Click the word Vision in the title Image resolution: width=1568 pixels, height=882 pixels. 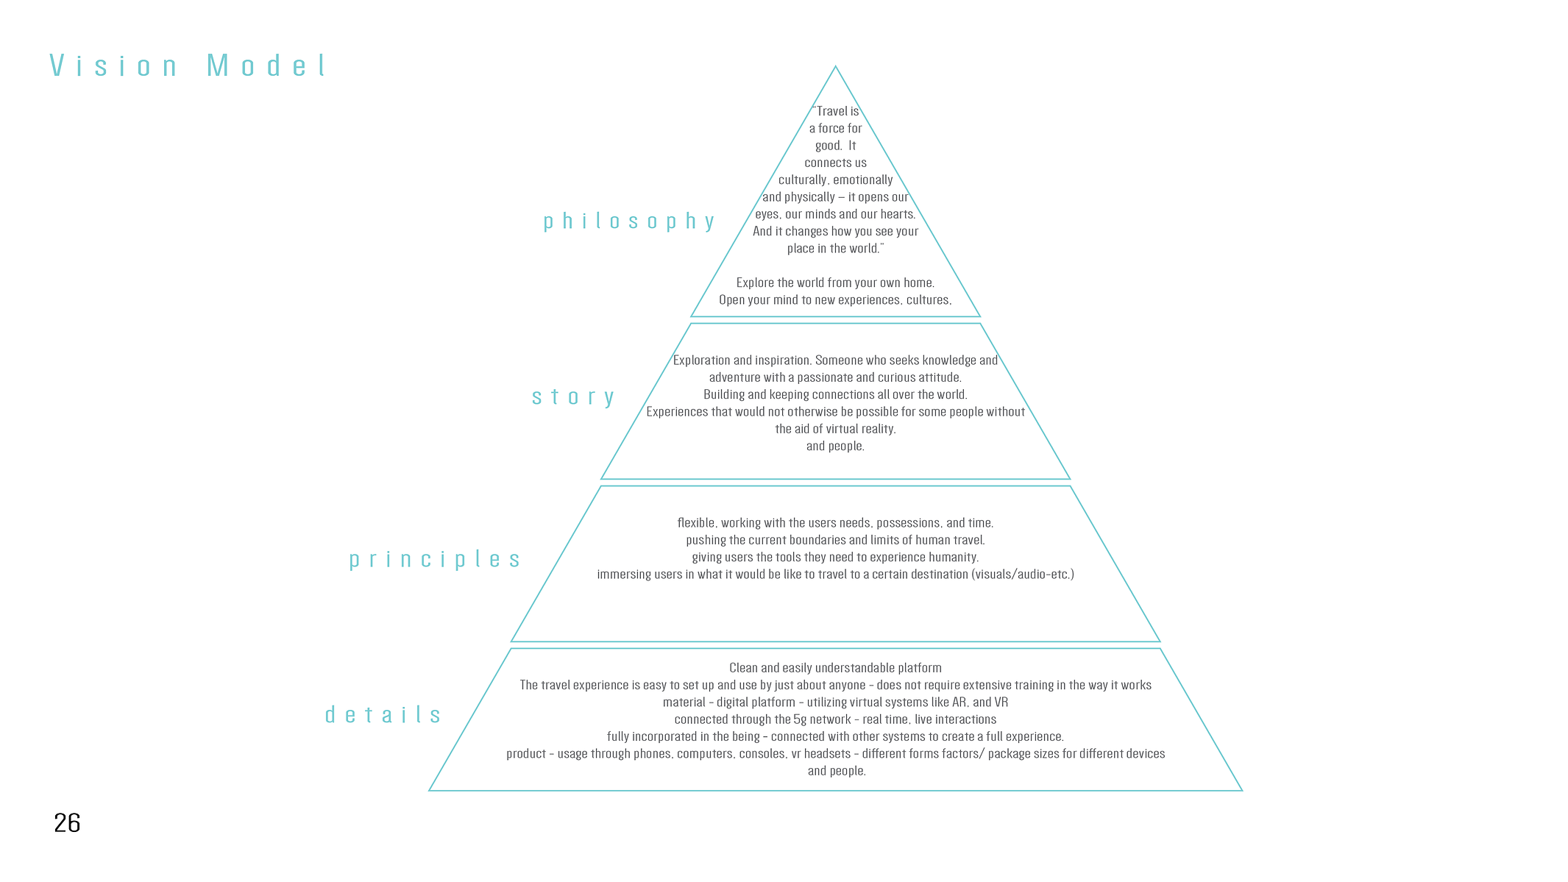tap(113, 66)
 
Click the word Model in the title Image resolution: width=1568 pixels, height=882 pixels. tap(266, 66)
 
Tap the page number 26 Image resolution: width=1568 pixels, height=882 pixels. tap(67, 822)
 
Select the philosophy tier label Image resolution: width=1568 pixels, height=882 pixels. tap(629, 221)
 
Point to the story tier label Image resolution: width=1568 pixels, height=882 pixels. tap(573, 397)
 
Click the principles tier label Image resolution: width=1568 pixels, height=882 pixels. tap(435, 560)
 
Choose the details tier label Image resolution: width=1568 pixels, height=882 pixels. tap(383, 714)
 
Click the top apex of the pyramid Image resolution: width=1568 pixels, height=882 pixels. tap(835, 66)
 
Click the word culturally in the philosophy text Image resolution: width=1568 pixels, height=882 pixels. tap(803, 180)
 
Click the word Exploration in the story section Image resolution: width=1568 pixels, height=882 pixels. tap(702, 360)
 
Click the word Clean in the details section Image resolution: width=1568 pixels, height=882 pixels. tap(743, 668)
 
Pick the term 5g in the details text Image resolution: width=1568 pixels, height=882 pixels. tap(800, 719)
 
